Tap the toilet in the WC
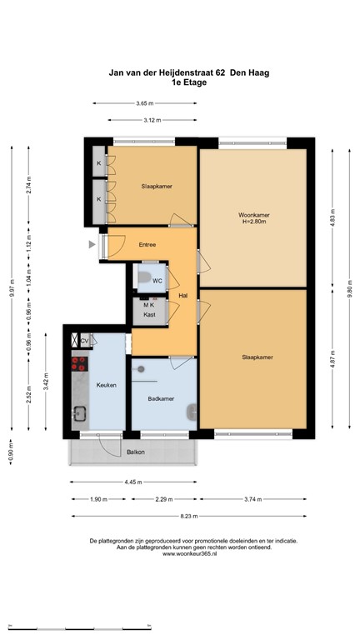(142, 278)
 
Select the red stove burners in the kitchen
(80, 363)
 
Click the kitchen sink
(80, 411)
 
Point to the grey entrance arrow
(92, 245)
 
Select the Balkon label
(135, 452)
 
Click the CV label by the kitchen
(84, 340)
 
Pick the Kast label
(150, 315)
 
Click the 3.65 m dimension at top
(145, 103)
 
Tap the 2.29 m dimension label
(164, 499)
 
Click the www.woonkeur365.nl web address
(191, 553)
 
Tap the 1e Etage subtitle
(188, 83)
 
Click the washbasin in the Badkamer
(192, 411)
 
